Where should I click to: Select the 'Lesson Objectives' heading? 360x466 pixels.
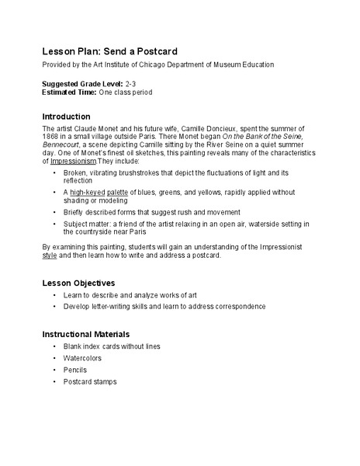[x=78, y=283]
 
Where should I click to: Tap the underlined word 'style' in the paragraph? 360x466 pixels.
[x=50, y=254]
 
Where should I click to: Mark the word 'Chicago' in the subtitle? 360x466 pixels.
[x=167, y=66]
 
